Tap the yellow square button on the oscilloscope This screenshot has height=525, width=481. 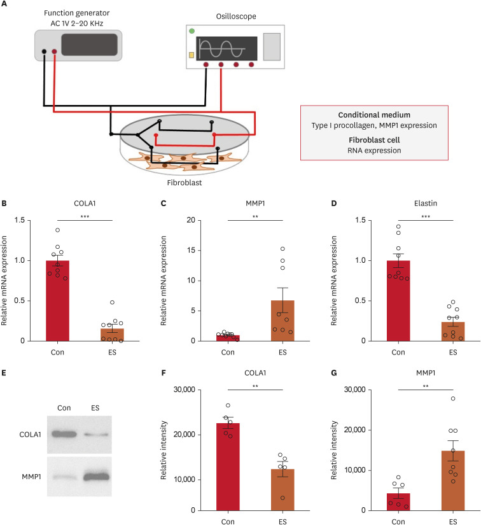coord(191,55)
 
